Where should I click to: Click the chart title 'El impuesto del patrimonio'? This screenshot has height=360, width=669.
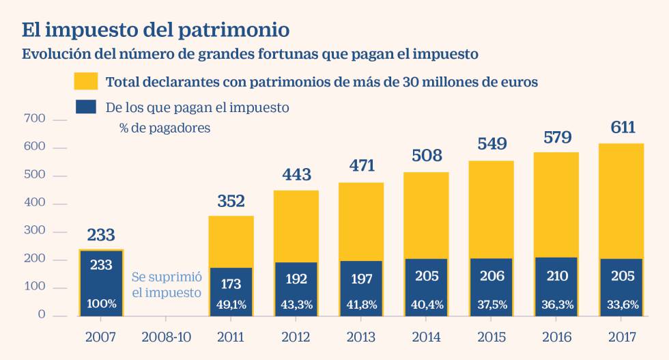(x=156, y=31)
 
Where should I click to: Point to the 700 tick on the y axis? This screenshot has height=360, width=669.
(x=35, y=120)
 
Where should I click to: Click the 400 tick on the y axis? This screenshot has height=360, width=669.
(x=35, y=204)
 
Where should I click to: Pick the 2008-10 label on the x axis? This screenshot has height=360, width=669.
(x=166, y=337)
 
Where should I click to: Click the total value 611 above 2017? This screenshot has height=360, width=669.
(x=623, y=128)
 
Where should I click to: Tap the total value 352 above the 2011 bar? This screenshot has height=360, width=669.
(x=231, y=202)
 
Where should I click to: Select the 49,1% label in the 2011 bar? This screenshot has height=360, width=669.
(x=231, y=304)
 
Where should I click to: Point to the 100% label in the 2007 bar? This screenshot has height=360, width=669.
(x=101, y=304)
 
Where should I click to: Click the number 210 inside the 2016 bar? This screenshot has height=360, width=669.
(x=557, y=276)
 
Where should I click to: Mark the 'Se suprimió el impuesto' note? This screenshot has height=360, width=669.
(x=166, y=285)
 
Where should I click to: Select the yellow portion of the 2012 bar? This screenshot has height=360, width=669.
(x=296, y=225)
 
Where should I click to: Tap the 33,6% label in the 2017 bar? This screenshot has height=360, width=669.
(x=623, y=304)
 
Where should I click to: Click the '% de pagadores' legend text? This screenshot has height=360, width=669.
(x=165, y=128)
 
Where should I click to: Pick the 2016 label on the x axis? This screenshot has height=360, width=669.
(x=556, y=337)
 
